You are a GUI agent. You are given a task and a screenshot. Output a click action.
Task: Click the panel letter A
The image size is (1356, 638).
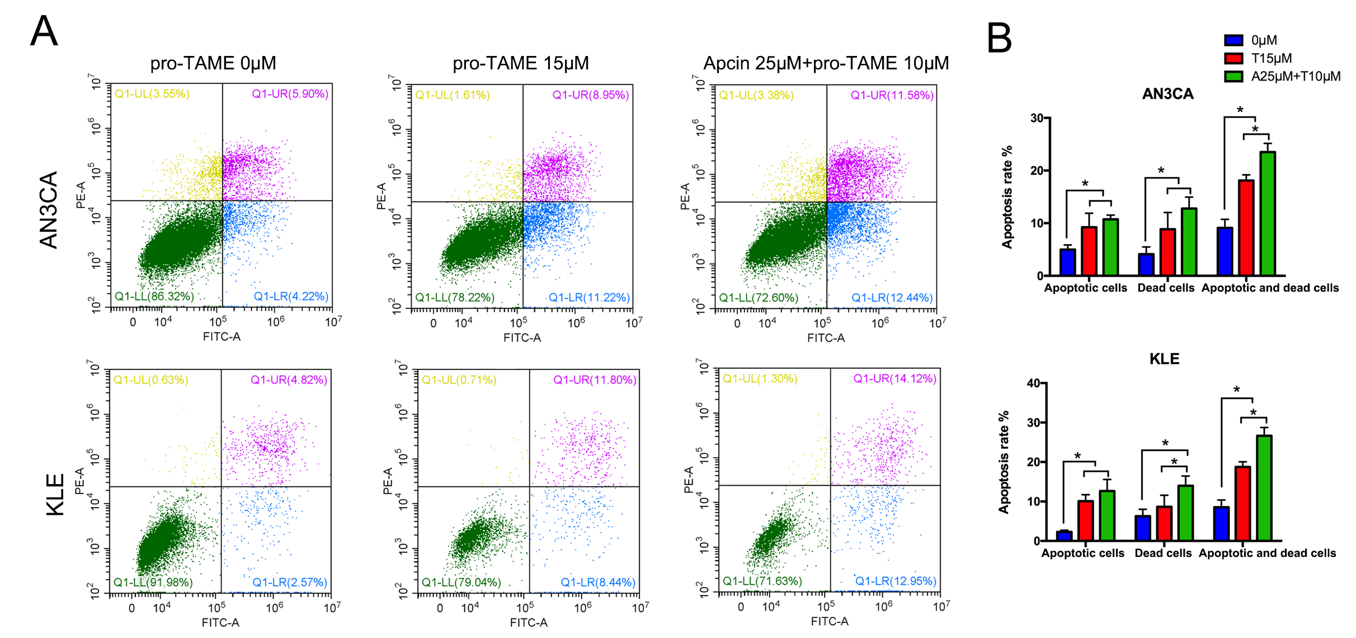point(44,31)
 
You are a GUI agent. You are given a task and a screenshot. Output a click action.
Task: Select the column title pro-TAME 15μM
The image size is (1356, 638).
point(520,63)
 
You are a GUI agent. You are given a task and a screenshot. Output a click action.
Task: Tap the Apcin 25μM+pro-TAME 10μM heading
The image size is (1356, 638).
point(826,63)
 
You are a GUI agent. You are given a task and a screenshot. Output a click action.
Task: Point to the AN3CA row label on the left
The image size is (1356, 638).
point(49,209)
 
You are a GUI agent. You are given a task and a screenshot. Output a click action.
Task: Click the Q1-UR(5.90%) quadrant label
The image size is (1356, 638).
point(290,94)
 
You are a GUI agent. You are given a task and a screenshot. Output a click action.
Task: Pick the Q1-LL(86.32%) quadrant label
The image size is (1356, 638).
point(154,296)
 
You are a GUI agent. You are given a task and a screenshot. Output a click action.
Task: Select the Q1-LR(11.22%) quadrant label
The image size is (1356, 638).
point(589,297)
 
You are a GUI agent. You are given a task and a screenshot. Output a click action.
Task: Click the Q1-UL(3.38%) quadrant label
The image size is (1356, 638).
point(756,95)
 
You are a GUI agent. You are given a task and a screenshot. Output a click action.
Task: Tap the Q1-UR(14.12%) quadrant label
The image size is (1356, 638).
point(894,379)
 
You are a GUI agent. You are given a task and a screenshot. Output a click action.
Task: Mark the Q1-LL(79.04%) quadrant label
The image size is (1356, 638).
point(461,582)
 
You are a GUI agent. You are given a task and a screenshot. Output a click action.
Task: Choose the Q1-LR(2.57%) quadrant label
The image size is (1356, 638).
point(290,582)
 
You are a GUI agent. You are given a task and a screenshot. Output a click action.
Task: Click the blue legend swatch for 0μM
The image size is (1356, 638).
point(1233,40)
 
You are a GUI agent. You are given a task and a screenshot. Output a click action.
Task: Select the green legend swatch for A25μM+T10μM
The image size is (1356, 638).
point(1233,76)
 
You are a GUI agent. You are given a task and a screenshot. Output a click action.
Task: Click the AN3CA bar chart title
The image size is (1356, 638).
point(1167,94)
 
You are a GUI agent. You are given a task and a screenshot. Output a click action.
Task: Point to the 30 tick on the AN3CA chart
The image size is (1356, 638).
point(1037,118)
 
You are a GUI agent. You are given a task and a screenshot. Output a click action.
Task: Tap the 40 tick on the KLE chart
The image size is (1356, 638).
point(1033,383)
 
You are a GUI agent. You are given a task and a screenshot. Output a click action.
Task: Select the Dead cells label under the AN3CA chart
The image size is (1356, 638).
point(1166,288)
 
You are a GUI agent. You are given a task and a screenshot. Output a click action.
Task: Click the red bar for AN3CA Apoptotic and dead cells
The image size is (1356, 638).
point(1246,228)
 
